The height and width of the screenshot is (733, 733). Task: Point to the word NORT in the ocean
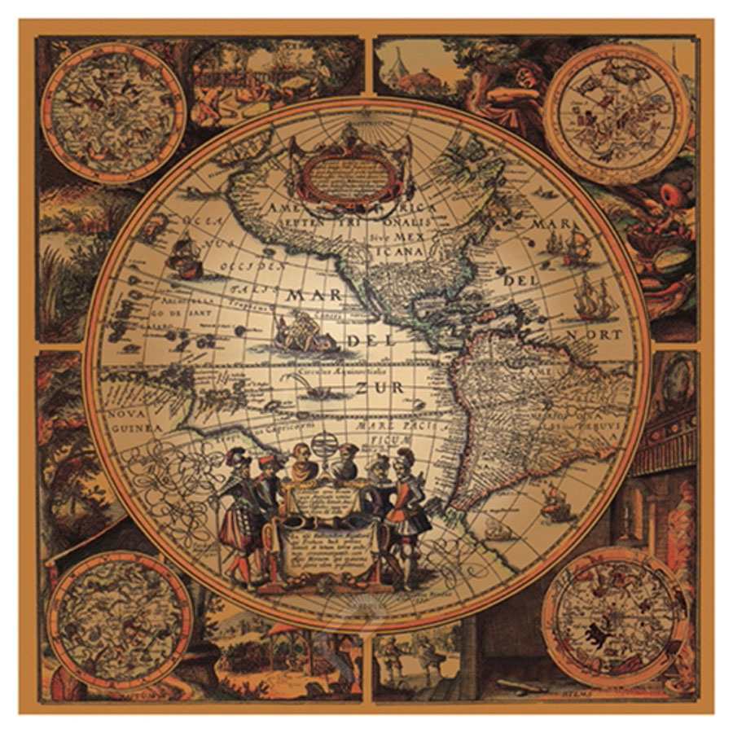tap(602, 334)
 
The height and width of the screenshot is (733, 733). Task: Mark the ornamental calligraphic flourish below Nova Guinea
tap(170, 488)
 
